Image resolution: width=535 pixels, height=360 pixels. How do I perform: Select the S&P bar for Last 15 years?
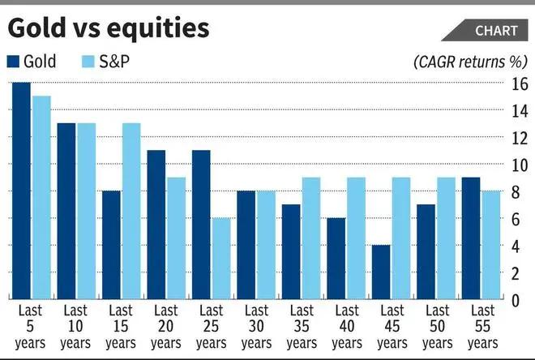131,211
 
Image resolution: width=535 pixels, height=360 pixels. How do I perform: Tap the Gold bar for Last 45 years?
381,272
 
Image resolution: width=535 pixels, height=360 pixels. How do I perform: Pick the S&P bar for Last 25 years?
221,259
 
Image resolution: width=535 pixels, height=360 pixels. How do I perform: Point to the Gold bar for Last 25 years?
201,225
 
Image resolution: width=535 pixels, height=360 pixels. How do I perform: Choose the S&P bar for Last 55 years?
493,245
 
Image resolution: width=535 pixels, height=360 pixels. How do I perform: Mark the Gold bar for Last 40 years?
336,259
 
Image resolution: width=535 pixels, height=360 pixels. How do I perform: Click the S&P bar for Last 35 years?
311,238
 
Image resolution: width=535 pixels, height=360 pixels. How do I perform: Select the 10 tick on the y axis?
520,165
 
